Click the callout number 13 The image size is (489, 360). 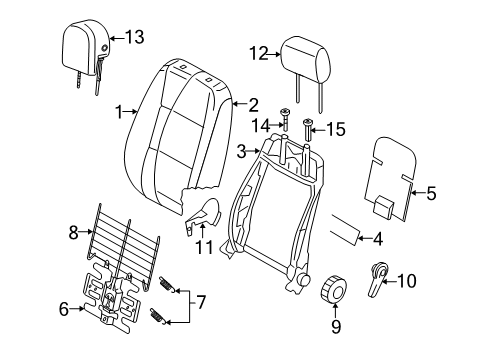(133, 38)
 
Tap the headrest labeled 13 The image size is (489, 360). (85, 46)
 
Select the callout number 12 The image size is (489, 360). (259, 54)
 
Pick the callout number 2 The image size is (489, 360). (254, 103)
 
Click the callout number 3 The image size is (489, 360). (241, 151)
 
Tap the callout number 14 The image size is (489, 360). (261, 125)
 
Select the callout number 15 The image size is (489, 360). (335, 127)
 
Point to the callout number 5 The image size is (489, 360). (432, 194)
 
